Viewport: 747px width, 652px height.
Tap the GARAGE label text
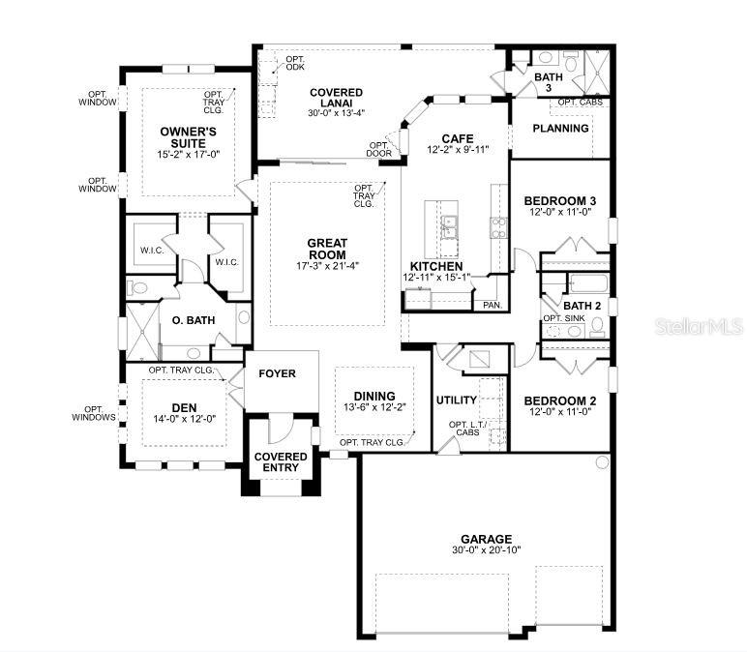pos(486,539)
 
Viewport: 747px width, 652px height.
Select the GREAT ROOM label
pos(327,250)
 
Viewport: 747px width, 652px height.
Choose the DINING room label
pos(373,396)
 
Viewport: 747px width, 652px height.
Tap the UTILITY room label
pos(458,400)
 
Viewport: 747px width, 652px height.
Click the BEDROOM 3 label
pos(559,201)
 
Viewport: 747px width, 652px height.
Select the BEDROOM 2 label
pos(559,400)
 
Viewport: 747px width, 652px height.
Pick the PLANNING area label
pos(561,129)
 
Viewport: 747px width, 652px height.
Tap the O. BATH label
pos(191,320)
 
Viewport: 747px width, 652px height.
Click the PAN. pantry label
pos(491,305)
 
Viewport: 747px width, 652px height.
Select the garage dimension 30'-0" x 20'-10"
pos(486,550)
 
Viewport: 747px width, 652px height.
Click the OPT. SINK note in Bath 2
pos(564,318)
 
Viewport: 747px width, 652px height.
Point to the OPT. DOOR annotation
pos(378,149)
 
